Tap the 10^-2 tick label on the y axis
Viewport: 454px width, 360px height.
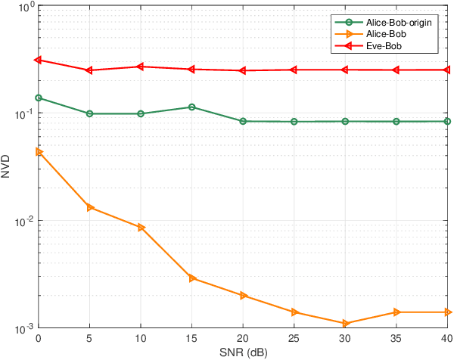pyautogui.click(x=22, y=221)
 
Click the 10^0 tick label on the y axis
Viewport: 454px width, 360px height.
pyautogui.click(x=23, y=6)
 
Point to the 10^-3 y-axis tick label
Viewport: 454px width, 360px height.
pyautogui.click(x=22, y=328)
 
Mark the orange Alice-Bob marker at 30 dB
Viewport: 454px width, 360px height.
pyautogui.click(x=345, y=323)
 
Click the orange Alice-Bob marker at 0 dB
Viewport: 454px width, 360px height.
pyautogui.click(x=39, y=151)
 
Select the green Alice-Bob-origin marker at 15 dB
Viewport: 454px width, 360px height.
pyautogui.click(x=192, y=107)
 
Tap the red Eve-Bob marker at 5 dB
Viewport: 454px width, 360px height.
pyautogui.click(x=89, y=70)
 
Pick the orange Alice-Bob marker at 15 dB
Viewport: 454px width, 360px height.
pyautogui.click(x=192, y=278)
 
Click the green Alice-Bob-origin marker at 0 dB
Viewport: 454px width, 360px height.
pyautogui.click(x=39, y=98)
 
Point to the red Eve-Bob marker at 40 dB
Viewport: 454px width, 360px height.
pyautogui.click(x=447, y=70)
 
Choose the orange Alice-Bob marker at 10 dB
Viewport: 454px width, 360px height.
pyautogui.click(x=141, y=227)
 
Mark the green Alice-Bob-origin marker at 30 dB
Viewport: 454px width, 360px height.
pyautogui.click(x=345, y=121)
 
